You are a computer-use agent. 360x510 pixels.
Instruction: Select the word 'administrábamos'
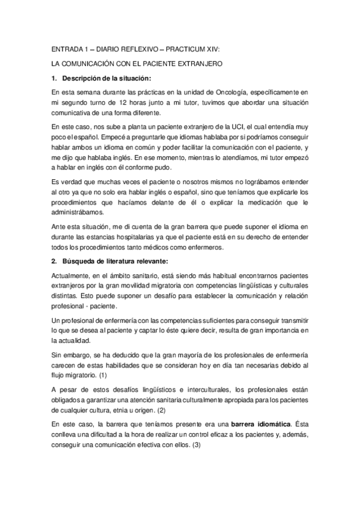coord(78,212)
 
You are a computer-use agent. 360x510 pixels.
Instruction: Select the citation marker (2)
coord(160,411)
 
